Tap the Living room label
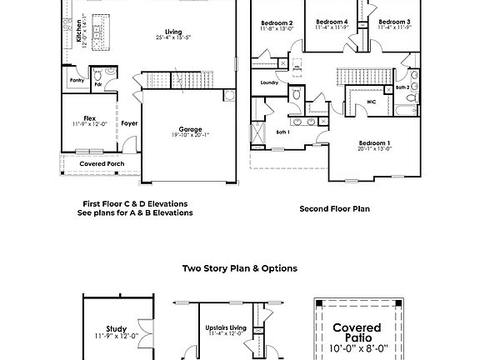pyautogui.click(x=172, y=32)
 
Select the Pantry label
pyautogui.click(x=77, y=81)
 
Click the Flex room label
pyautogui.click(x=89, y=118)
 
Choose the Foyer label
pyautogui.click(x=129, y=123)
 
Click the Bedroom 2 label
pyautogui.click(x=277, y=22)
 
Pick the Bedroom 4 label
pyautogui.click(x=331, y=22)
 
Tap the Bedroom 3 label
pyautogui.click(x=393, y=22)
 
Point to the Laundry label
pyautogui.click(x=268, y=82)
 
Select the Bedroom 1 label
pyautogui.click(x=375, y=142)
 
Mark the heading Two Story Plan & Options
pyautogui.click(x=240, y=268)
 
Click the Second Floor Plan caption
pyautogui.click(x=334, y=208)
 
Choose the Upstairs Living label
pyautogui.click(x=225, y=329)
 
